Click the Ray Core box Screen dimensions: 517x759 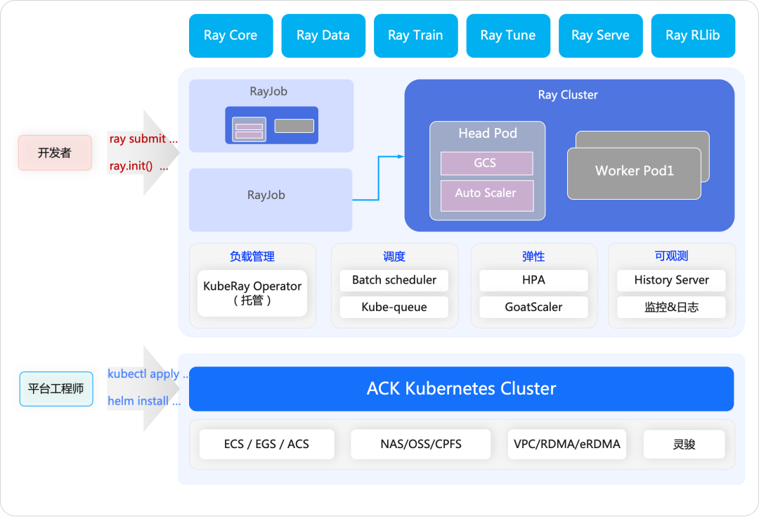coord(231,35)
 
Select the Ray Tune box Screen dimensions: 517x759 coord(507,35)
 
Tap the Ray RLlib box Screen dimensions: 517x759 coord(692,35)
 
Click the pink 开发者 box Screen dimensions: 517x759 coord(55,153)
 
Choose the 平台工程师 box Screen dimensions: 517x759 coord(56,389)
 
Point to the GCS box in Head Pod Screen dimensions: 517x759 coord(486,163)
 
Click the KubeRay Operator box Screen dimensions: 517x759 coord(252,293)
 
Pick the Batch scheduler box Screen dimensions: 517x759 coord(394,280)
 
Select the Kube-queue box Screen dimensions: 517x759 coord(394,307)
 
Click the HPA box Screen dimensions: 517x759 coord(533,280)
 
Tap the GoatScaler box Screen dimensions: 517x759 coord(533,307)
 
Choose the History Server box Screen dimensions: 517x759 coord(671,280)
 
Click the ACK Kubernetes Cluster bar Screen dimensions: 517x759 coord(461,388)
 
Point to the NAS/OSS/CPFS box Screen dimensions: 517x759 coord(421,444)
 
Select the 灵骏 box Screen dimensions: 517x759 coord(684,444)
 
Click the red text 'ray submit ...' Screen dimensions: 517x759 coord(143,139)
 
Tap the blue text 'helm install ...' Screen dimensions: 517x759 coord(143,401)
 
